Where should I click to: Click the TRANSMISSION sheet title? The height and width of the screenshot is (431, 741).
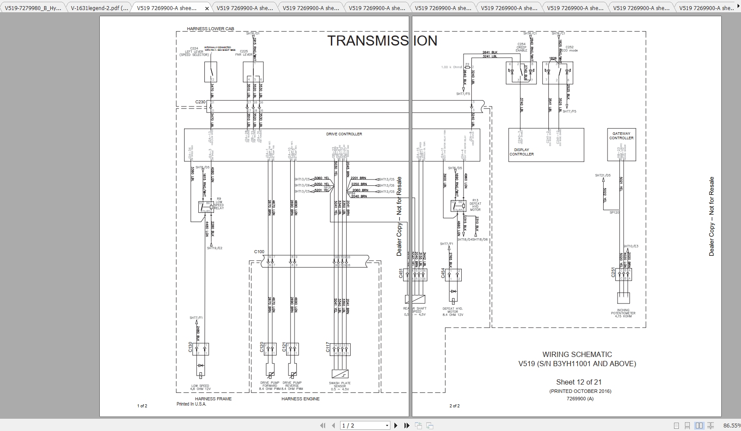click(x=382, y=41)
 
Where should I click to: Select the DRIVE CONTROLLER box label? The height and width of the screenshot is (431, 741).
click(x=344, y=134)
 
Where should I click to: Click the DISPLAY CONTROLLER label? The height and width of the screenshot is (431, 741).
click(x=521, y=152)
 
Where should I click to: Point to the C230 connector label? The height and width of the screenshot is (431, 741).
click(x=200, y=102)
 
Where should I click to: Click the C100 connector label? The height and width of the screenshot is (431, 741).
click(x=259, y=252)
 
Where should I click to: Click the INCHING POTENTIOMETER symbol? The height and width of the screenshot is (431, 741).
click(x=623, y=298)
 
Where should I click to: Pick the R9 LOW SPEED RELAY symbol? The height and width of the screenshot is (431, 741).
click(x=206, y=207)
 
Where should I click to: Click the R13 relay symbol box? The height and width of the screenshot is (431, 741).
click(x=458, y=206)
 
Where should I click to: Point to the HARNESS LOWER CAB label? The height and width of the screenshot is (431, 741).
click(x=211, y=29)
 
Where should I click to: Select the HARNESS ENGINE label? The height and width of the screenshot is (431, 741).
click(x=300, y=399)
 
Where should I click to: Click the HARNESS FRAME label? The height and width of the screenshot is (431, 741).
click(x=213, y=399)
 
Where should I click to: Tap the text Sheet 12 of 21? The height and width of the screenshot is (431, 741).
click(x=579, y=382)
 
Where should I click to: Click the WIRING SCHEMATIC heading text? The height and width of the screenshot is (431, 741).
click(x=577, y=354)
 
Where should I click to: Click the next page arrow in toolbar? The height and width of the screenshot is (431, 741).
click(x=396, y=425)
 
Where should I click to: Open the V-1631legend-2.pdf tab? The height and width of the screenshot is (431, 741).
click(x=99, y=8)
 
